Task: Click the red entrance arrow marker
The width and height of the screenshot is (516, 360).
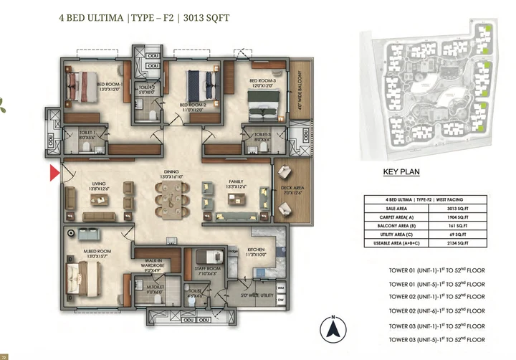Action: point(54,174)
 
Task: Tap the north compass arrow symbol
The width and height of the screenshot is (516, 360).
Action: point(333,330)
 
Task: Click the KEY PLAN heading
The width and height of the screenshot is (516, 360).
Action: point(401,172)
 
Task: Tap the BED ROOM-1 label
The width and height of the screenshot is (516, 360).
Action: point(112,83)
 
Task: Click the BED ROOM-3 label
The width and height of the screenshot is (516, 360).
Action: point(262,81)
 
